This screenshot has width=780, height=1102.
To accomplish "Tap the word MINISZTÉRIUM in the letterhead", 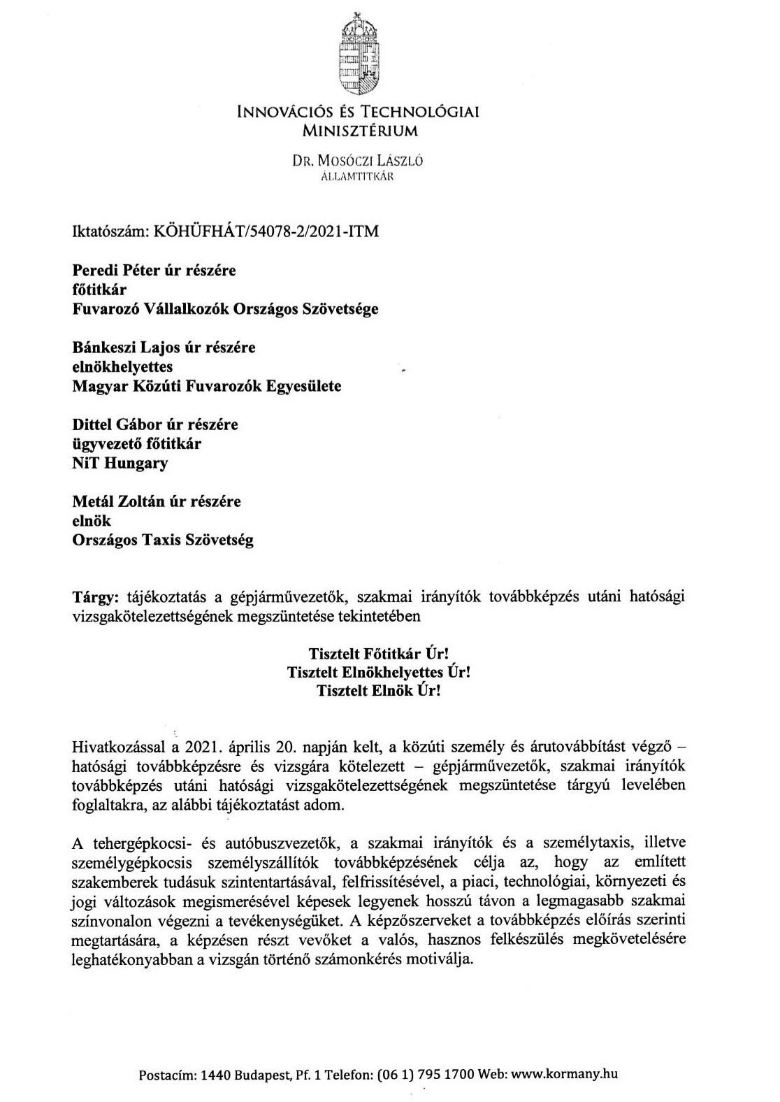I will pyautogui.click(x=359, y=129).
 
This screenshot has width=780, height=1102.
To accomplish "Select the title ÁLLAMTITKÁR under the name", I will pyautogui.click(x=357, y=176).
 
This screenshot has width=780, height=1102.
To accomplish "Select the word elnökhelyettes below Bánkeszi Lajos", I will pyautogui.click(x=122, y=366).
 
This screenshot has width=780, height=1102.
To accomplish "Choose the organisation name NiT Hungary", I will pyautogui.click(x=120, y=464).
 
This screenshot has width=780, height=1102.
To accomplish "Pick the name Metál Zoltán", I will pyautogui.click(x=116, y=501).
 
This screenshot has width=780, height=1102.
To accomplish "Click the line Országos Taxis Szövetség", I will pyautogui.click(x=163, y=541).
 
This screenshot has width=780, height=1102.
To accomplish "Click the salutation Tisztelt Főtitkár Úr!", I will pyautogui.click(x=378, y=654).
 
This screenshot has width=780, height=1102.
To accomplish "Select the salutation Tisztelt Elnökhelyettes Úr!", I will pyautogui.click(x=378, y=673).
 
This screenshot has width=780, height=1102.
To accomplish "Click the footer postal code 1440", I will pyautogui.click(x=214, y=1075).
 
